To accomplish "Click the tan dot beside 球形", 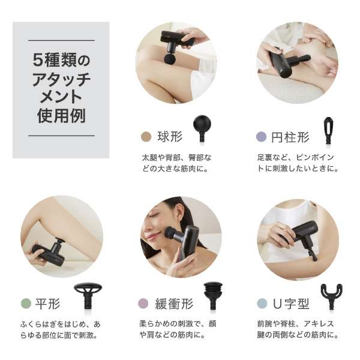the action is pos(146,137).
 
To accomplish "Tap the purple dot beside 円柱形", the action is pos(261,137).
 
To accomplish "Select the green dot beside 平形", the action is pos(26,304).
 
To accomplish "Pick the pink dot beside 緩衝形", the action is pos(143,303).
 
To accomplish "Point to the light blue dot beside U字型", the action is pos(262,304).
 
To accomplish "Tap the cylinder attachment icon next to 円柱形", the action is pos(328,130).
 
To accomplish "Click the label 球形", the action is pos(170,137).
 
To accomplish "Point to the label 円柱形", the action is pos(290,137).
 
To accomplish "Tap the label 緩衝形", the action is pos(174,304).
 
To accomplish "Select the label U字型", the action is pos(291,304).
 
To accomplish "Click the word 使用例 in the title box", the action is pos(62,115).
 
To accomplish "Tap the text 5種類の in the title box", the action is pos(61,60).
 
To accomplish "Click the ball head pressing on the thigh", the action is pos(170,58).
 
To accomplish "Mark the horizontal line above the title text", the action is pos(62,40).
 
